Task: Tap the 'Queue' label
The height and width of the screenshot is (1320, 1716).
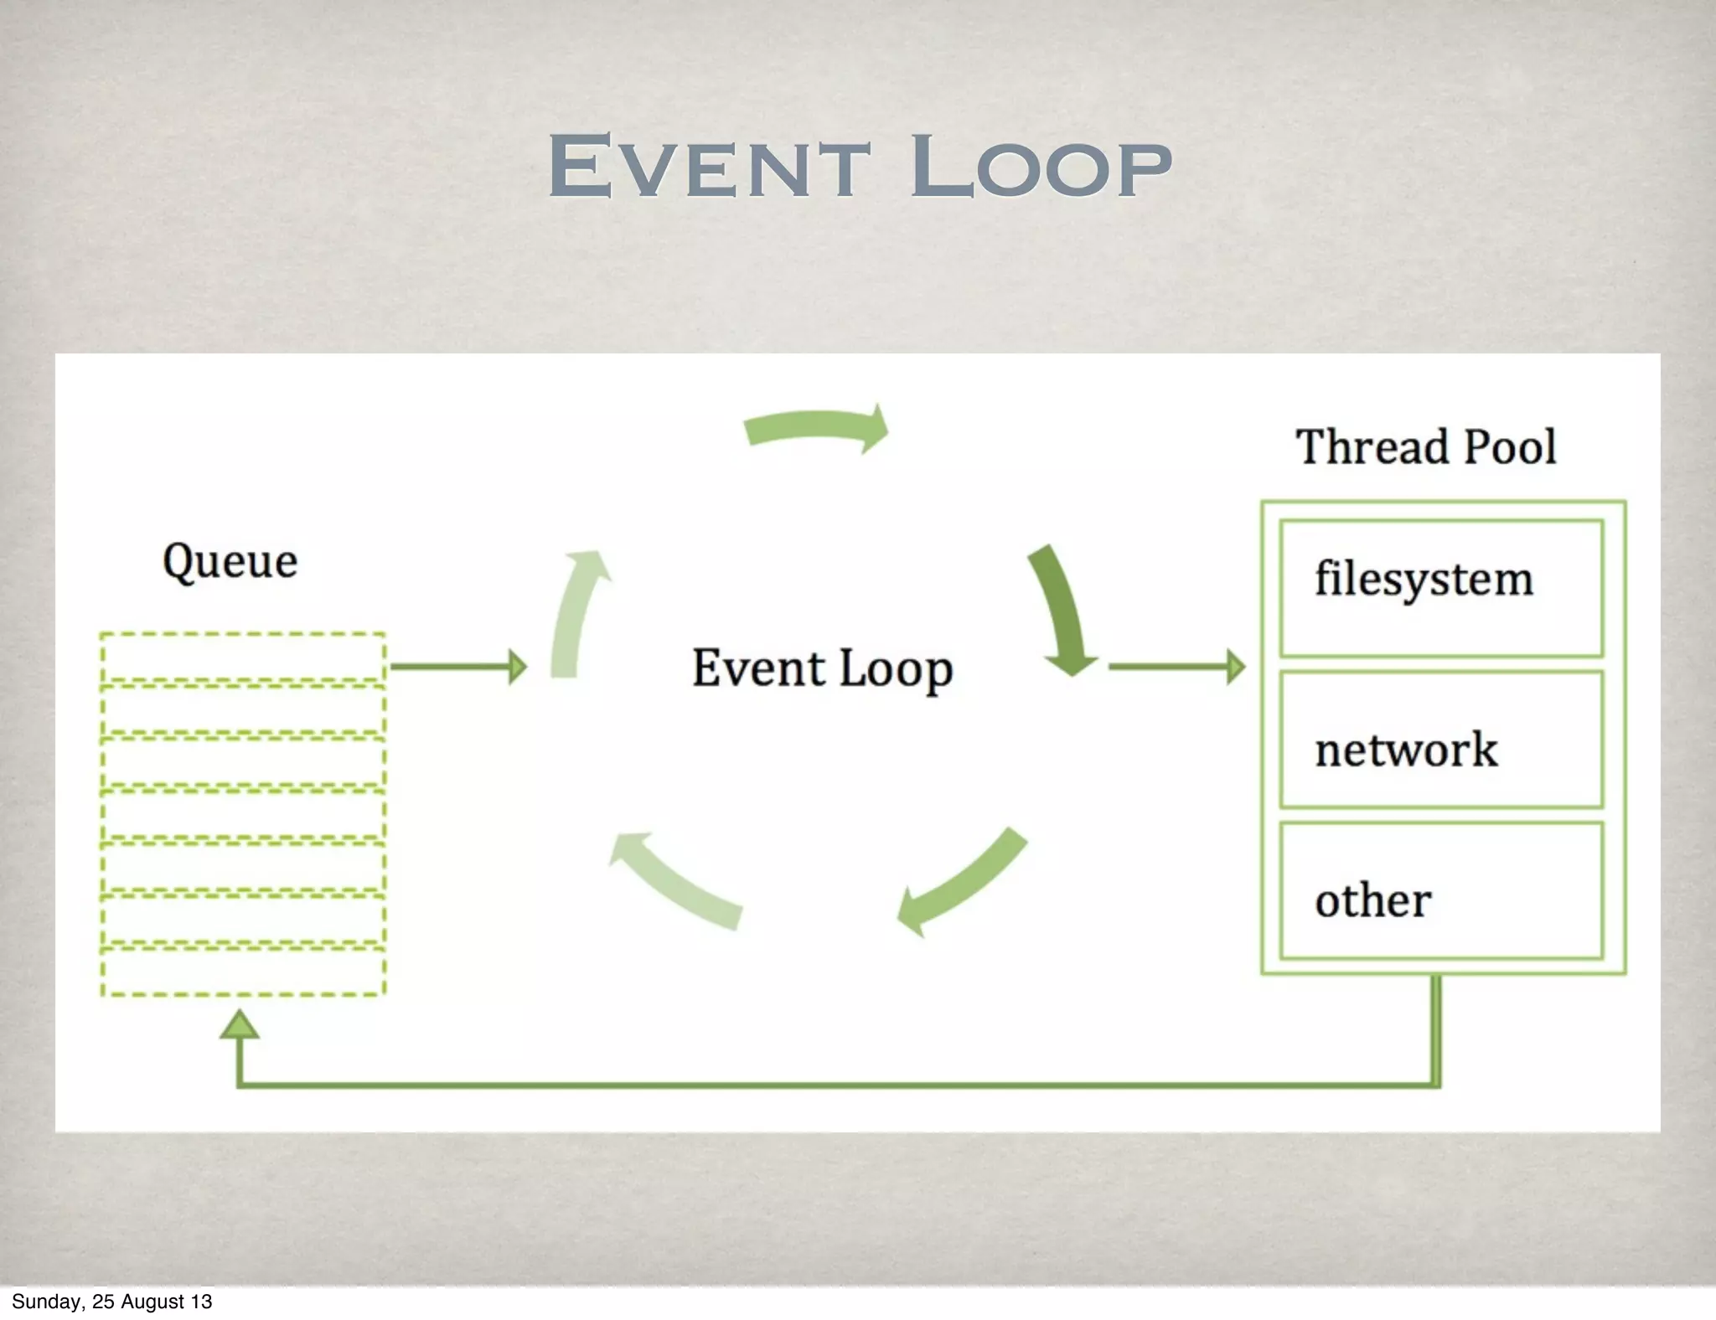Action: coord(230,561)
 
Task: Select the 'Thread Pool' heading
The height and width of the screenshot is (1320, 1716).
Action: coord(1426,446)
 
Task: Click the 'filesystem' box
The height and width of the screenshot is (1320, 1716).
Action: coord(1441,588)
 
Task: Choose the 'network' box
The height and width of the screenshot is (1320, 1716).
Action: coord(1441,740)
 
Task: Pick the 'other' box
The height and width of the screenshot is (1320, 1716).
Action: coord(1441,890)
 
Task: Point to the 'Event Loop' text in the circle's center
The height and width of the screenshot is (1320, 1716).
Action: coord(822,668)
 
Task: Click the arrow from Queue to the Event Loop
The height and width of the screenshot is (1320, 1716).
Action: coord(458,667)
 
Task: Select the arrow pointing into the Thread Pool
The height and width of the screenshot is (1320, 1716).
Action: coord(1176,667)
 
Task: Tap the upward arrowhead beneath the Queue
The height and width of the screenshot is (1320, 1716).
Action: coord(240,1024)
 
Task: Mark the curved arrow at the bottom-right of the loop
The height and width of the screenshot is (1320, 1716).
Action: coord(964,884)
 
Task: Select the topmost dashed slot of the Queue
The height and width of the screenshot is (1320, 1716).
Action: coord(243,658)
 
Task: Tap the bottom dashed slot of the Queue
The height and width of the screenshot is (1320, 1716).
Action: coord(243,972)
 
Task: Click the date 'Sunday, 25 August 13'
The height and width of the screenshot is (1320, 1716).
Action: coord(111,1302)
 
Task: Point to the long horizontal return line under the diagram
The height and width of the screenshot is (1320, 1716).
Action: coord(838,1085)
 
